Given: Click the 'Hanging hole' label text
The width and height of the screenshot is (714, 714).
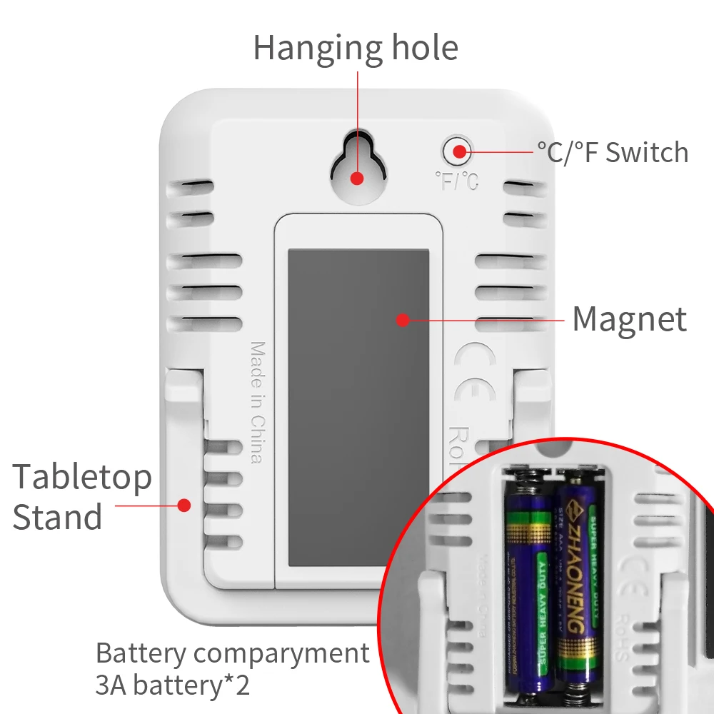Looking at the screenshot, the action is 355,49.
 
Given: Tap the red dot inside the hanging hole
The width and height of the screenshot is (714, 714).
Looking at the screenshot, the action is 357,178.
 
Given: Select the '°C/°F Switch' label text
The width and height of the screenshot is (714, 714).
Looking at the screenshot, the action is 613,152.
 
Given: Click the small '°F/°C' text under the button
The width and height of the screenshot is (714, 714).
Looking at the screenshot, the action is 456,181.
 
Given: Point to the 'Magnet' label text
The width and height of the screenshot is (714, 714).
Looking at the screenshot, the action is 629,319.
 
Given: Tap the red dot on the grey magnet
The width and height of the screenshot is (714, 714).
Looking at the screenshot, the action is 403,320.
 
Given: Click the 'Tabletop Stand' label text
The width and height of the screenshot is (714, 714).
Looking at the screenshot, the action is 82,497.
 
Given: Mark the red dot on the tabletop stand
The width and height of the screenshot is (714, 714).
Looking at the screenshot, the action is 184,505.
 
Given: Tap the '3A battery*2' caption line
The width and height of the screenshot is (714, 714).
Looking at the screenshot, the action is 173,686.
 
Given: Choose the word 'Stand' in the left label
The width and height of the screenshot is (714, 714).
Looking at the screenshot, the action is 57,518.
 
